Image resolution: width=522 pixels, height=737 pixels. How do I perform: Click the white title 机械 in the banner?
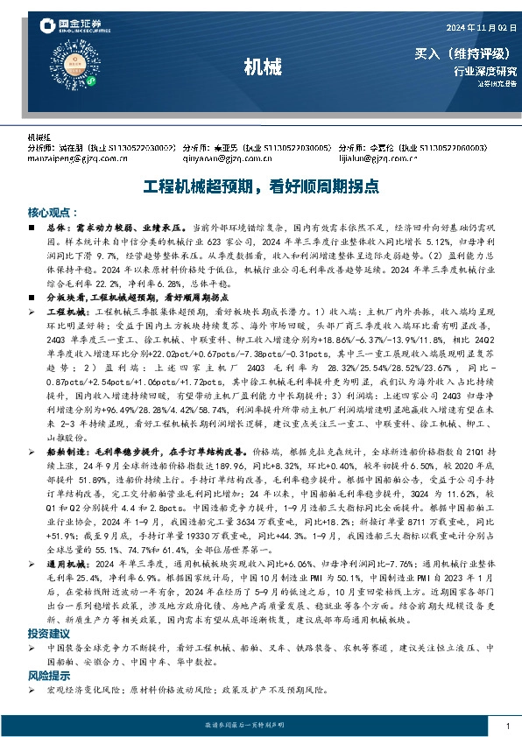pos(261,67)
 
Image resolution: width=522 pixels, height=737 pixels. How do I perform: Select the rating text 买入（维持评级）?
pos(464,53)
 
